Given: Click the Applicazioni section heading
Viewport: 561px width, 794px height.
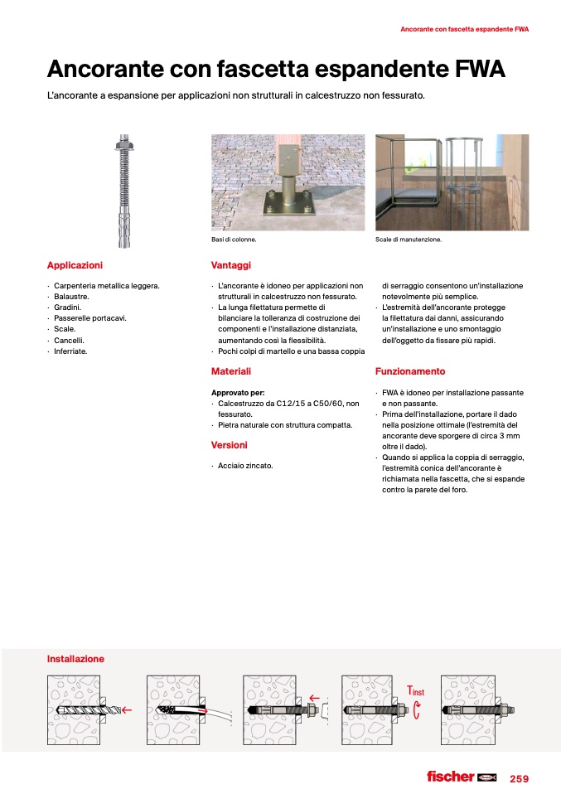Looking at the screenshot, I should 75,265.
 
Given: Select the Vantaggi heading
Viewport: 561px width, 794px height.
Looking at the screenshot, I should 230,265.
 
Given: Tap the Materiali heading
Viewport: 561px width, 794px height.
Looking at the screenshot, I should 230,371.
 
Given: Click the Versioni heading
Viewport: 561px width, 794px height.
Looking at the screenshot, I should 229,445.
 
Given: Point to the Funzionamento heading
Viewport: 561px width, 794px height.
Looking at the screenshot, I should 409,371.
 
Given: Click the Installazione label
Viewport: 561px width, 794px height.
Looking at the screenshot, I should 75,659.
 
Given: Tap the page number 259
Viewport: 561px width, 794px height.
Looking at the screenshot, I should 519,778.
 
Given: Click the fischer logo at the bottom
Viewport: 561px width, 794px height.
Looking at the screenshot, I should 460,777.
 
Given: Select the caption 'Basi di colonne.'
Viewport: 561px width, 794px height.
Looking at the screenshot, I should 234,240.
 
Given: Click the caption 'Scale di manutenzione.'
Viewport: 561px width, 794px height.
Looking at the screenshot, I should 409,240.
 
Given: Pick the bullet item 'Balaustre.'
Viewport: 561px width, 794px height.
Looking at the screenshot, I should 71,297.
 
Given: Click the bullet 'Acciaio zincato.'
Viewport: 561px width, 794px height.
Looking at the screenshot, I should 245,466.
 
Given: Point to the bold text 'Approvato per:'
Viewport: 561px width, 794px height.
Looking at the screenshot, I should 238,392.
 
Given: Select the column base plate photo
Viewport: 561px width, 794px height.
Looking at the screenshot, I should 288,182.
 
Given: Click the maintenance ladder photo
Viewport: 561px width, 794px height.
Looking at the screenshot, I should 452,182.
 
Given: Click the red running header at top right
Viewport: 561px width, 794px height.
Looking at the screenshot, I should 464,29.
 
